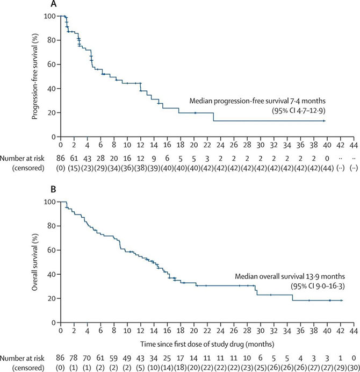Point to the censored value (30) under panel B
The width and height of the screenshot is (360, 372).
click(x=353, y=367)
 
